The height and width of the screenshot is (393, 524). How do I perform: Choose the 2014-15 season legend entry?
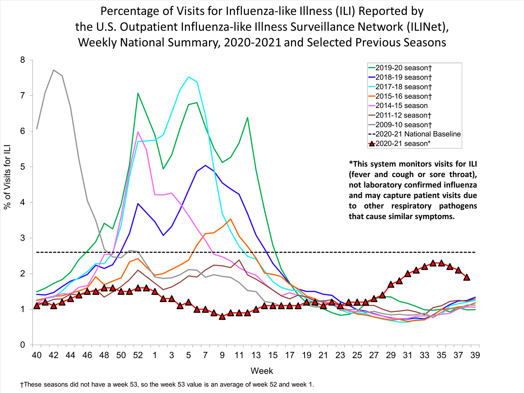coord(401,105)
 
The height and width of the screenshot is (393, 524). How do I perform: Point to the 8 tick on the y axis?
coord(23,60)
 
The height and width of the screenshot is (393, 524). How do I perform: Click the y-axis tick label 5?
coord(23,167)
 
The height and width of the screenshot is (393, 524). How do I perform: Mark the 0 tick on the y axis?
coord(23,345)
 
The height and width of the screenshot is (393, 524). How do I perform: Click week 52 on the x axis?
coord(138,355)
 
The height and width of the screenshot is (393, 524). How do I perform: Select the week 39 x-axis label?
coord(475,355)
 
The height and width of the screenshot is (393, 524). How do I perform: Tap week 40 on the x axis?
coord(37,355)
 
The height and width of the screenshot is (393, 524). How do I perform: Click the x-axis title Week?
coord(262,371)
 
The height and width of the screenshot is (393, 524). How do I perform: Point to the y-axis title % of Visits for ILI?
coord(7,176)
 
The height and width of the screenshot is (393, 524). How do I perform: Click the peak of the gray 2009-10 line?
coord(53,70)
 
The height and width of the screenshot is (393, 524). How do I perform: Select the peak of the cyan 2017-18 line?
coord(189,77)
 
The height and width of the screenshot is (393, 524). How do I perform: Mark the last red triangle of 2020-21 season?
coord(466,277)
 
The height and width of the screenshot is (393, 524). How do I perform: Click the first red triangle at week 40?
coord(37,306)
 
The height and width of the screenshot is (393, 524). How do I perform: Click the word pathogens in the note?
coord(458,206)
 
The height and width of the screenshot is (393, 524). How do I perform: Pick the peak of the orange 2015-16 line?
coord(231,219)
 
